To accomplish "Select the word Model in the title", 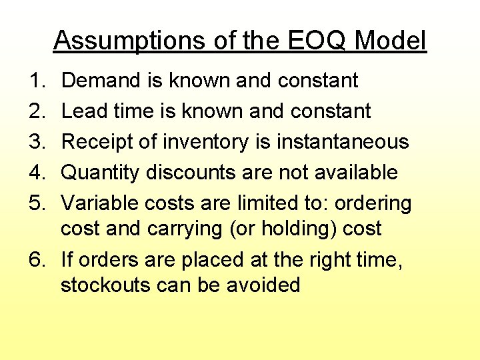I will [390, 41].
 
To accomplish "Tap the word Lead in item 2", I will [81, 111].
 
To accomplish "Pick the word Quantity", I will [100, 173].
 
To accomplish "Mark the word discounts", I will [189, 173].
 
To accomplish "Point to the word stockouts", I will [105, 285].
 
